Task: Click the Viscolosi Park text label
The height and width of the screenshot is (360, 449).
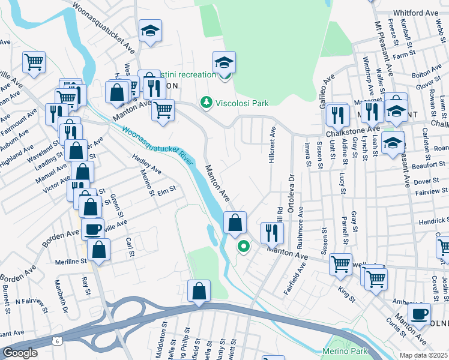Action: tap(243, 103)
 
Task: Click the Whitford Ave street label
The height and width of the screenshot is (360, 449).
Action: tap(415, 13)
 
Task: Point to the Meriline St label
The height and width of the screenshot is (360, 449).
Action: tap(71, 261)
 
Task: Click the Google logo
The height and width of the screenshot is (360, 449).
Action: tap(20, 353)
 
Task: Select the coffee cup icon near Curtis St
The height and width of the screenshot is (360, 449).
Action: tap(419, 313)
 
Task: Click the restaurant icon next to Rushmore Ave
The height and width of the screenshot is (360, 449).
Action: tap(272, 232)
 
